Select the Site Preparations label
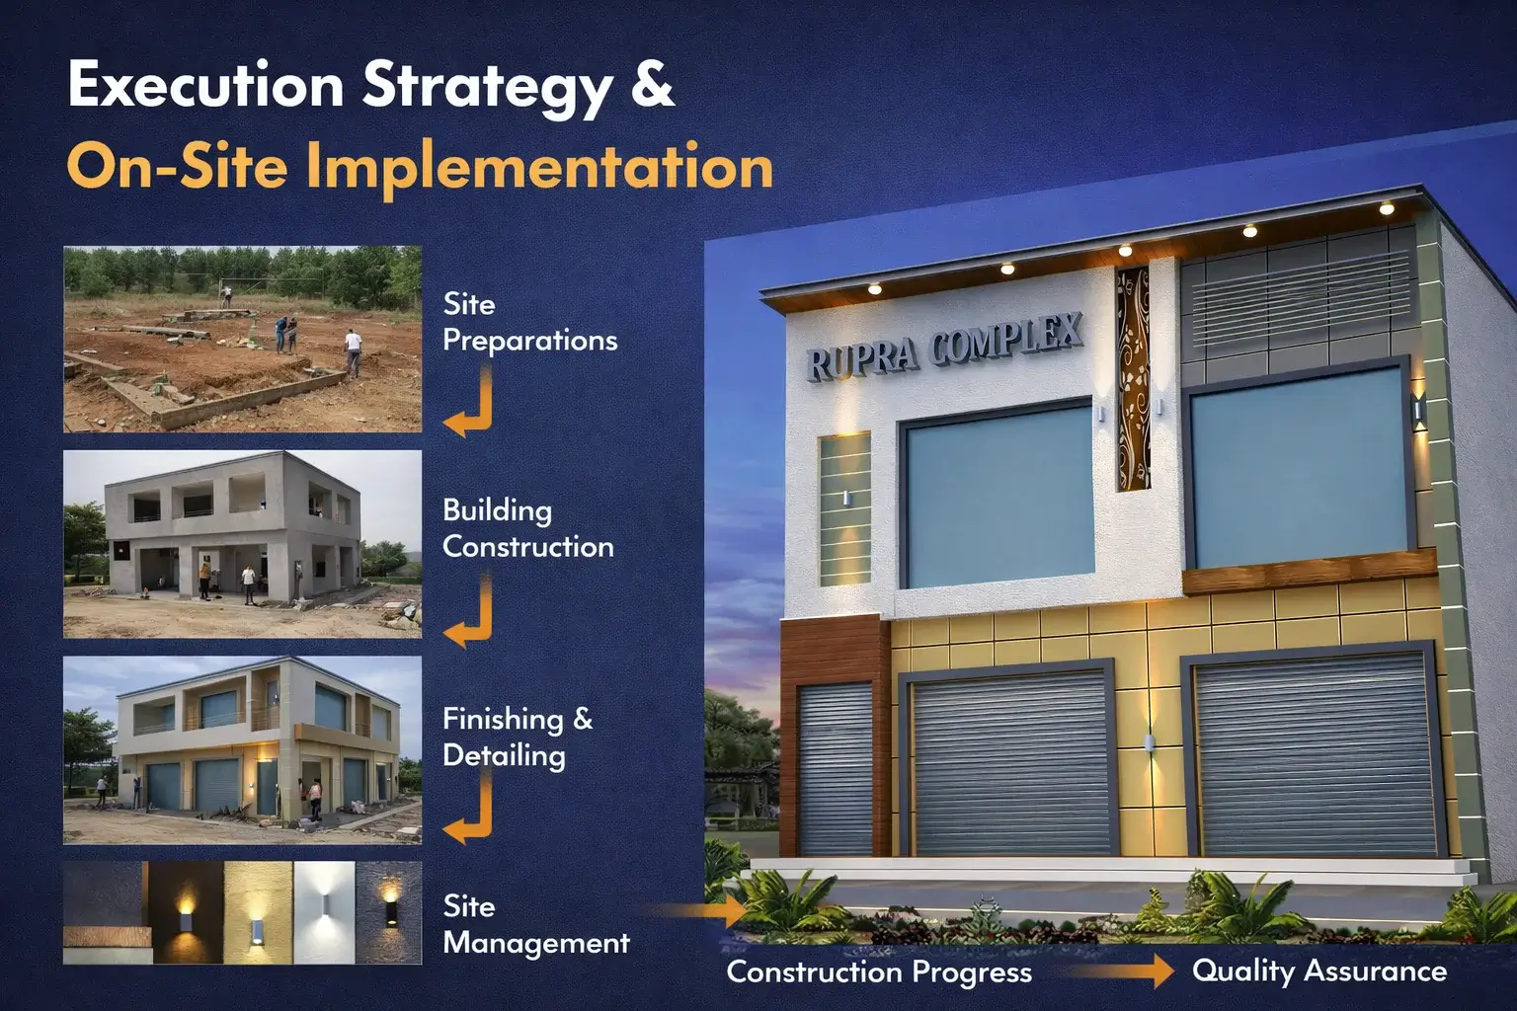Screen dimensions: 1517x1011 coord(529,322)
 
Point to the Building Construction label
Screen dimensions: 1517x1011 coord(528,529)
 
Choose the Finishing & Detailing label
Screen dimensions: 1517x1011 coord(518,737)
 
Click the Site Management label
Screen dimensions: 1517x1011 coord(535,924)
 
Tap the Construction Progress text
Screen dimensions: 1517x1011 coord(879,972)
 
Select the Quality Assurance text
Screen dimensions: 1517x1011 coord(1319,971)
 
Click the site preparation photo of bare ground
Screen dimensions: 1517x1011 coord(242,339)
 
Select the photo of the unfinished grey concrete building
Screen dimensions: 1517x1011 coord(242,544)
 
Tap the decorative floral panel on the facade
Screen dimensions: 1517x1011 coord(1133,378)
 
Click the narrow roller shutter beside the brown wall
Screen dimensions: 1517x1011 coord(835,769)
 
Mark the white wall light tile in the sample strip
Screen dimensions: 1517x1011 coord(324,912)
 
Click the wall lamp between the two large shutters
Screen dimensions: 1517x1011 coord(1149,742)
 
